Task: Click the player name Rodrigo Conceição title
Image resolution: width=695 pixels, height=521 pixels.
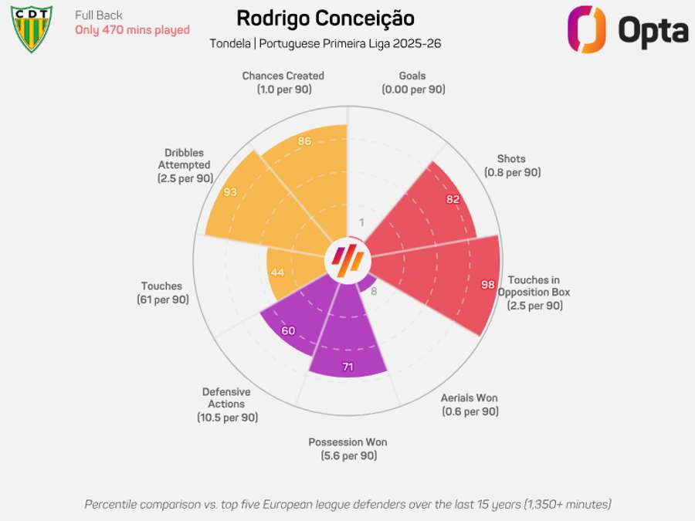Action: (325, 19)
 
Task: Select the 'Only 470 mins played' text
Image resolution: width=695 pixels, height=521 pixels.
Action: (132, 30)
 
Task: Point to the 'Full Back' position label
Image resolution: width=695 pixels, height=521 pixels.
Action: (99, 15)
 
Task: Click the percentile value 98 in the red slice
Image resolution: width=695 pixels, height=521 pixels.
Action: (488, 285)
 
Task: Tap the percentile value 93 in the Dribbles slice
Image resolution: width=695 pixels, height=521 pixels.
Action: (230, 192)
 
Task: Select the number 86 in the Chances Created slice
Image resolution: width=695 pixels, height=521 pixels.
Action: (304, 141)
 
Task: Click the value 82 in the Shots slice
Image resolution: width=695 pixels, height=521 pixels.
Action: (453, 199)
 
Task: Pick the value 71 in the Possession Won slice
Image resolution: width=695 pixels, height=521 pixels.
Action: (347, 367)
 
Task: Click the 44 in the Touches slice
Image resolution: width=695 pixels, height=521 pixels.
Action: (277, 272)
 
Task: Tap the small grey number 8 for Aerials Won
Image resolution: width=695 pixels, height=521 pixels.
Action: (374, 291)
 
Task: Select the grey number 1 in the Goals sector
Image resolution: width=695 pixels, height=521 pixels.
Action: (361, 224)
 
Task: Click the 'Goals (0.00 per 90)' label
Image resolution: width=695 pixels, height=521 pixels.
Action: (413, 83)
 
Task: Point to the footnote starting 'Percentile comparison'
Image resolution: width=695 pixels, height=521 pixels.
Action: (347, 504)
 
